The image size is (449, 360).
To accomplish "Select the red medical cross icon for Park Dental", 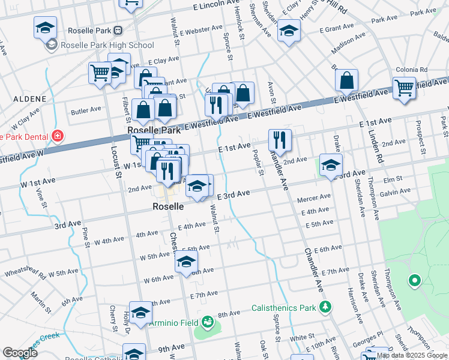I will click(x=57, y=136).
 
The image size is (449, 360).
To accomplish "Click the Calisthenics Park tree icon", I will click(x=325, y=308).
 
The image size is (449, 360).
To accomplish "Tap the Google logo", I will click(x=20, y=353).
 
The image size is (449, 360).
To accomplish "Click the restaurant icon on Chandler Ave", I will click(x=280, y=140).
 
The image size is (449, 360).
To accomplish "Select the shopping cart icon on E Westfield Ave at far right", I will click(x=404, y=88).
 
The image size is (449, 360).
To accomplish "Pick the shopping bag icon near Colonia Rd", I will click(x=346, y=80).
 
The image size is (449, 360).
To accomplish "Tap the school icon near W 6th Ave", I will click(x=186, y=262).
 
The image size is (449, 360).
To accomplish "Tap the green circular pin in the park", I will click(x=413, y=280).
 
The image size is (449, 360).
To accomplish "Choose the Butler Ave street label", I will click(x=86, y=110).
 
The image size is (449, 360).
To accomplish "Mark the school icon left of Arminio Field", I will click(x=140, y=313).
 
